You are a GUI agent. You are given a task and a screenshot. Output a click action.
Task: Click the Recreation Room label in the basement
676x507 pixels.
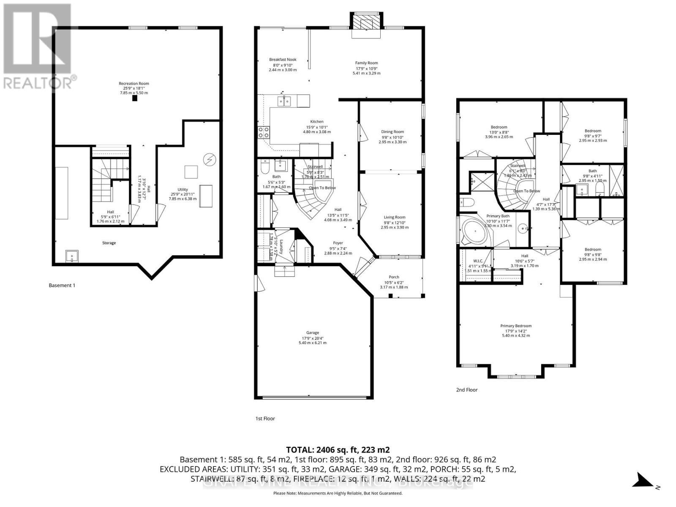(x=134, y=84)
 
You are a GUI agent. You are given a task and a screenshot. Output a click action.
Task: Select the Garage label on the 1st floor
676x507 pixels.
(x=313, y=333)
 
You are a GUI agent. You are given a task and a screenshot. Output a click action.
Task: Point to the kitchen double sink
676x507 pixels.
(x=284, y=101)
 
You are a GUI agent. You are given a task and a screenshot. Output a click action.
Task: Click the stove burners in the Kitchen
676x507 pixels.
(x=264, y=132)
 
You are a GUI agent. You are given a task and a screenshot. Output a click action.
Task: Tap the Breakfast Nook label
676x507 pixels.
(x=283, y=60)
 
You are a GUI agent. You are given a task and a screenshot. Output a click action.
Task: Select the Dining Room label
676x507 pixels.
(x=393, y=132)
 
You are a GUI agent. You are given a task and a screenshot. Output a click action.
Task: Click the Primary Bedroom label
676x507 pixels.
(x=515, y=326)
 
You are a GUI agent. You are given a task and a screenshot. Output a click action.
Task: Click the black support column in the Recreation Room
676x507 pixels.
(x=134, y=98)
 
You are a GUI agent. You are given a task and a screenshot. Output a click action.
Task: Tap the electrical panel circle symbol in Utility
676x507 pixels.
(x=209, y=159)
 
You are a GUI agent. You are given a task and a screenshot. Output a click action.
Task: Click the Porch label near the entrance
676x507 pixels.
(x=394, y=277)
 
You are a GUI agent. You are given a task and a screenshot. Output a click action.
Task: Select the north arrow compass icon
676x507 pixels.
(x=645, y=480)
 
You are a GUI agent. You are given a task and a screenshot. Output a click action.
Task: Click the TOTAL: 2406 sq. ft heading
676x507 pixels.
(x=338, y=450)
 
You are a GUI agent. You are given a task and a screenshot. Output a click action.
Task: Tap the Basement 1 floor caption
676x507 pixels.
(x=62, y=285)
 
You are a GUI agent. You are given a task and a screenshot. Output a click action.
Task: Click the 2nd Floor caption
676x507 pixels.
(x=466, y=390)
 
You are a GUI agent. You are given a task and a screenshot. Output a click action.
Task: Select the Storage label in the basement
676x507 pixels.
(x=109, y=243)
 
